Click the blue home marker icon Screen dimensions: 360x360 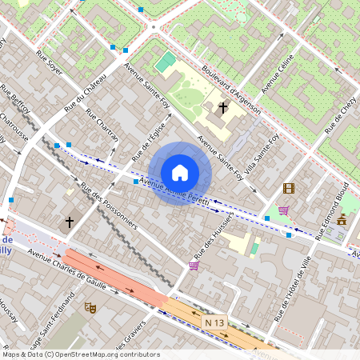click(x=180, y=173)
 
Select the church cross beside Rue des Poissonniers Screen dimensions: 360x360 click(x=70, y=221)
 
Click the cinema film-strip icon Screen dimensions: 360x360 click(x=288, y=189)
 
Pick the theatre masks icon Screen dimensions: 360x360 click(x=90, y=306)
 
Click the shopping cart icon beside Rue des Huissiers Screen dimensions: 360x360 click(x=193, y=265)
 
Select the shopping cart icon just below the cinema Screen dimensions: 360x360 click(x=283, y=210)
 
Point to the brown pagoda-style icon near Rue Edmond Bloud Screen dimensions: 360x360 click(x=342, y=219)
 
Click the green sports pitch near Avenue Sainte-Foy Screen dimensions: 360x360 click(x=165, y=62)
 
